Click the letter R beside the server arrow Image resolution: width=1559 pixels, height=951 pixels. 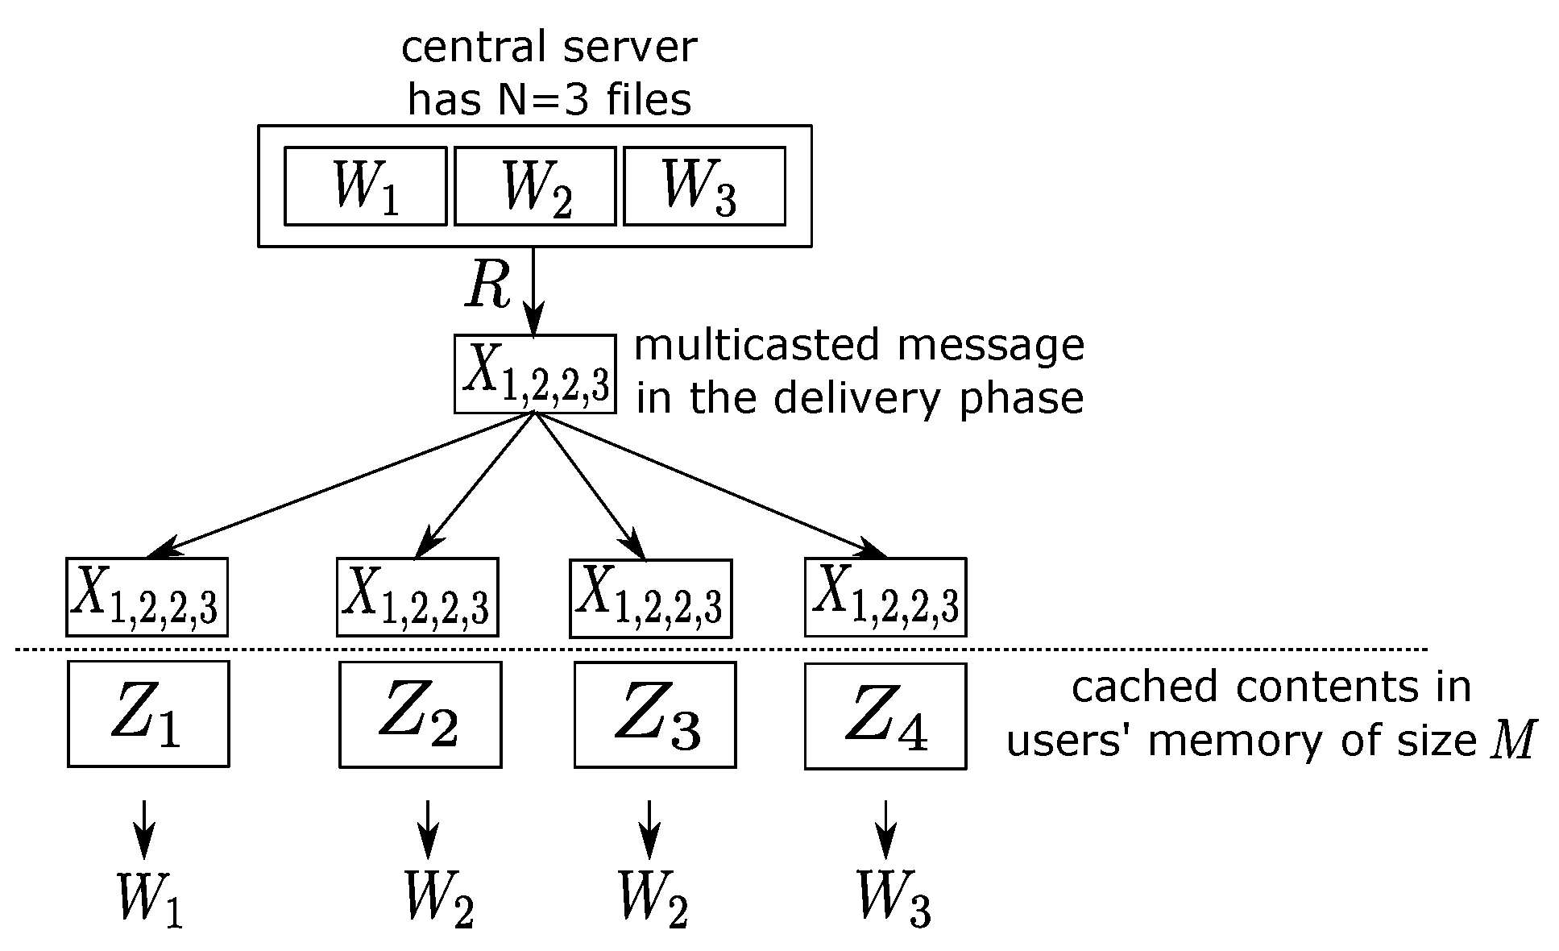click(488, 287)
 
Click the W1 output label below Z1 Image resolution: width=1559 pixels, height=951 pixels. click(150, 896)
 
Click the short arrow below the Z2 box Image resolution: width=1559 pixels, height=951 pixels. click(428, 829)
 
